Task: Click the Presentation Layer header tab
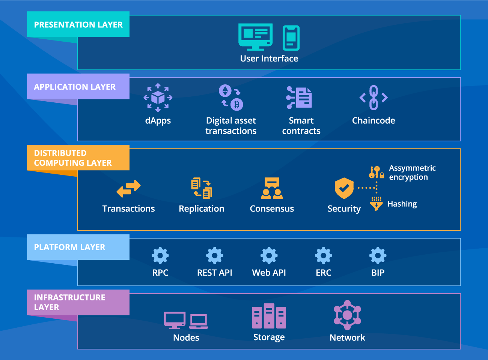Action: tap(78, 24)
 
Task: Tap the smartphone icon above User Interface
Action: tap(291, 38)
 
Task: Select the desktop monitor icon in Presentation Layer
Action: tap(255, 37)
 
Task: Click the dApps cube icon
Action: tap(158, 98)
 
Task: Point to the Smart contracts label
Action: tap(301, 126)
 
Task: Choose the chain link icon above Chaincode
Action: tap(374, 97)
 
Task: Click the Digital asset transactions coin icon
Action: tap(231, 97)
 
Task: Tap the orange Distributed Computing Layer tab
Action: tap(78, 158)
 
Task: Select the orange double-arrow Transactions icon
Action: tap(128, 189)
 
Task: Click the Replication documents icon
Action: tap(202, 188)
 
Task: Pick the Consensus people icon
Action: tap(272, 188)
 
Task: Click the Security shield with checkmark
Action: tap(344, 188)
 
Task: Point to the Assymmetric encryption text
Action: tap(412, 172)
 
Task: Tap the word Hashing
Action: tap(402, 204)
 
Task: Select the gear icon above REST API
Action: tap(215, 256)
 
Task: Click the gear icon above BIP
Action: tap(378, 256)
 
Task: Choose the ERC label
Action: tap(324, 273)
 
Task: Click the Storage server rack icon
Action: tap(269, 316)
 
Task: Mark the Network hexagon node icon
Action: tap(347, 315)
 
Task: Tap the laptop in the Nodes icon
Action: tap(199, 321)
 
